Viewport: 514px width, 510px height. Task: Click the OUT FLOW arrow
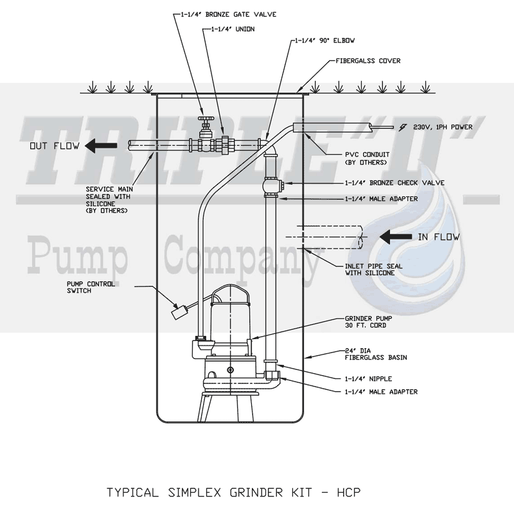pyautogui.click(x=103, y=145)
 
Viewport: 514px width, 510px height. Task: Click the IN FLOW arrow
pyautogui.click(x=395, y=237)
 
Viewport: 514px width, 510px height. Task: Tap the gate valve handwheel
pyautogui.click(x=204, y=119)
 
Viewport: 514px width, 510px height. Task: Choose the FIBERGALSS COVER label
pyautogui.click(x=369, y=61)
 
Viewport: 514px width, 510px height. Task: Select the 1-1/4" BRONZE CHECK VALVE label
pyautogui.click(x=366, y=183)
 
